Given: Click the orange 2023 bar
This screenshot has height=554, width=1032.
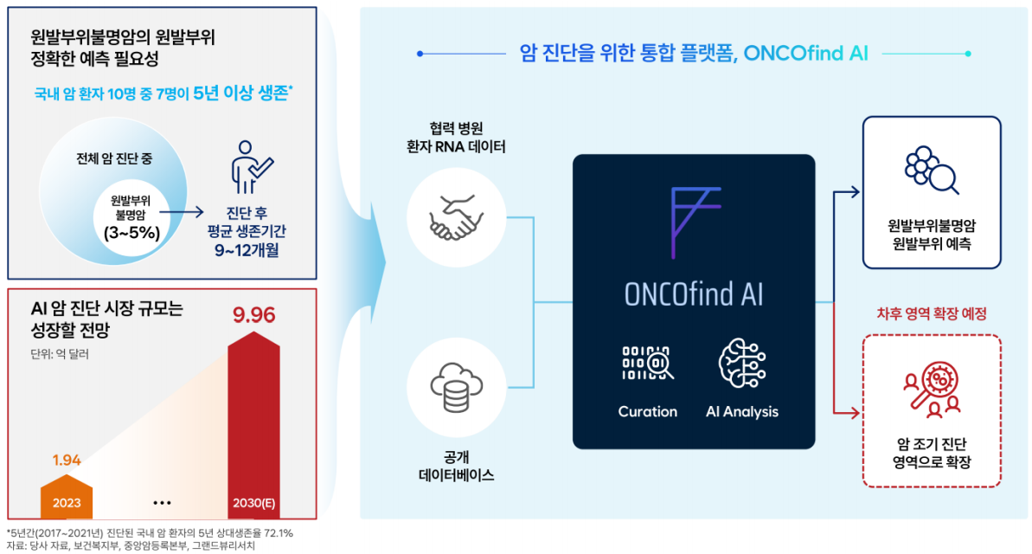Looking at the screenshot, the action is coord(67,497).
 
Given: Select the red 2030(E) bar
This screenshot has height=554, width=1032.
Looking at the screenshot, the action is coord(253,425).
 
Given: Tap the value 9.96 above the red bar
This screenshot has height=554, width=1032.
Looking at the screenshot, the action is coord(254,315).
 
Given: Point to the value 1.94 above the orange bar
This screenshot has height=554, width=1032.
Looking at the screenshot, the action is coord(67,460).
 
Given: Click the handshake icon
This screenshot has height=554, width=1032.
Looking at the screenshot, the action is coord(456,217).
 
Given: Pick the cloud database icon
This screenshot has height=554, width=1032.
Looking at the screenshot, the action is coord(456,387).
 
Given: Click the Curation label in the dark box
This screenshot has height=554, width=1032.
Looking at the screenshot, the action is coord(648,412).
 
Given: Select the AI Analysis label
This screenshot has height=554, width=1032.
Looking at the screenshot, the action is coord(741,412).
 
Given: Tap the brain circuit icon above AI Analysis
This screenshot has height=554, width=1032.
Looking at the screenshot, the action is coord(741,363).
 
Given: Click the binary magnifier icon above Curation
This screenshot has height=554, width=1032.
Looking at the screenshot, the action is coord(648,363).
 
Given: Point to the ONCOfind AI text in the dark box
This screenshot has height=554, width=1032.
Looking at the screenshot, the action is coord(694,293).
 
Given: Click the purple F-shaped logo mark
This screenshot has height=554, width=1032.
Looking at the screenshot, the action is coord(695,222).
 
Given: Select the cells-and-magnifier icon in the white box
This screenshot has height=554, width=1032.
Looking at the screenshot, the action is coord(932,170).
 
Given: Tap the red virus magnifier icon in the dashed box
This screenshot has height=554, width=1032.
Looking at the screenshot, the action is coord(932,390).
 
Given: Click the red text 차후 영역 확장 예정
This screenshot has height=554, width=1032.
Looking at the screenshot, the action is coord(932,313).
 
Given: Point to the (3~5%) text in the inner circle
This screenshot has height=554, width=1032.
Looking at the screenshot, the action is coord(131,233).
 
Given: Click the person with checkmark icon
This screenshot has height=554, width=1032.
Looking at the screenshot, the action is coord(251,167).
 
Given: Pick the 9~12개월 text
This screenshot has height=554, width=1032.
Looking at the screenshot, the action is coord(247,250).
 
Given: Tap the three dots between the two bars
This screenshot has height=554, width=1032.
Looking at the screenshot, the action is coord(162,503).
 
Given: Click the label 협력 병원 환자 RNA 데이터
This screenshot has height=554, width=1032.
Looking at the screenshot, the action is coord(456,137).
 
